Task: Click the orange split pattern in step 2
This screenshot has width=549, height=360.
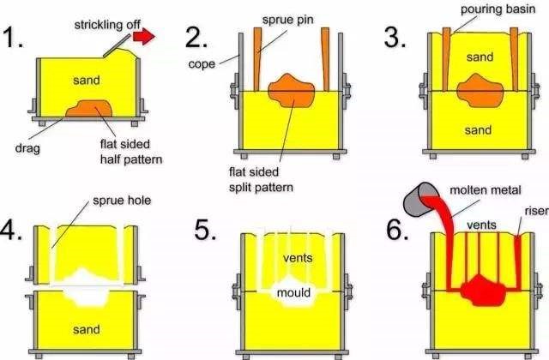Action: click(x=291, y=90)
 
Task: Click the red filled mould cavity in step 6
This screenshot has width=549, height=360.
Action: click(x=475, y=285)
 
